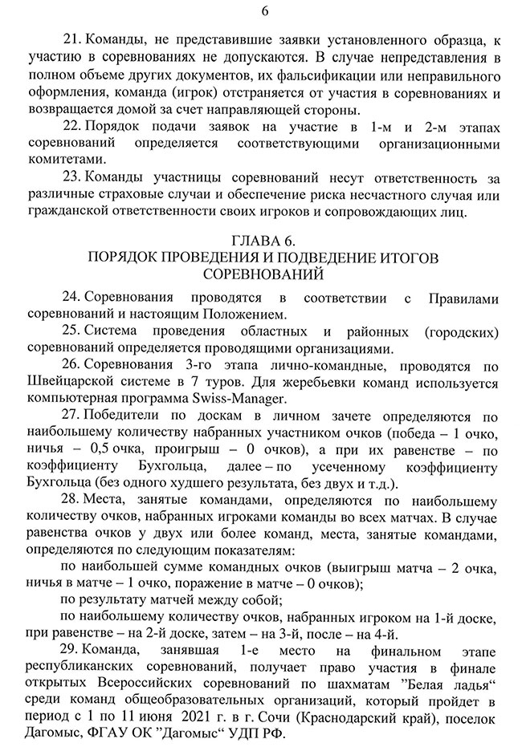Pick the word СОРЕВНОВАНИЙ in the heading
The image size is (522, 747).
pos(263,274)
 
